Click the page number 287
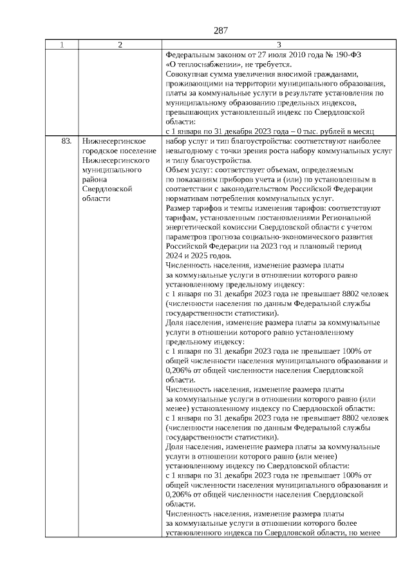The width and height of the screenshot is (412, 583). pos(221,30)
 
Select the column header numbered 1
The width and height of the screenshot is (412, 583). pos(62,44)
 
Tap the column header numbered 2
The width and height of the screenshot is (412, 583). pos(120,44)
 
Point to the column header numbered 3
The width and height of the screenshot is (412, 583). pos(278,44)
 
